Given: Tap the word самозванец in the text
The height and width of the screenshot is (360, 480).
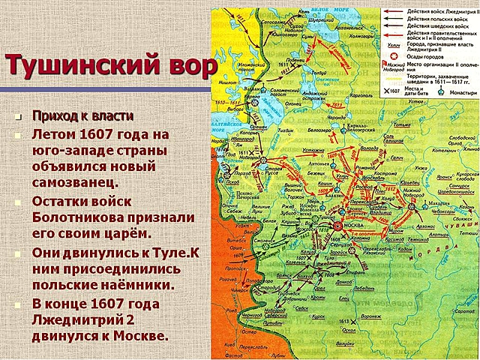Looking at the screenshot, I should [x=74, y=181].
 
